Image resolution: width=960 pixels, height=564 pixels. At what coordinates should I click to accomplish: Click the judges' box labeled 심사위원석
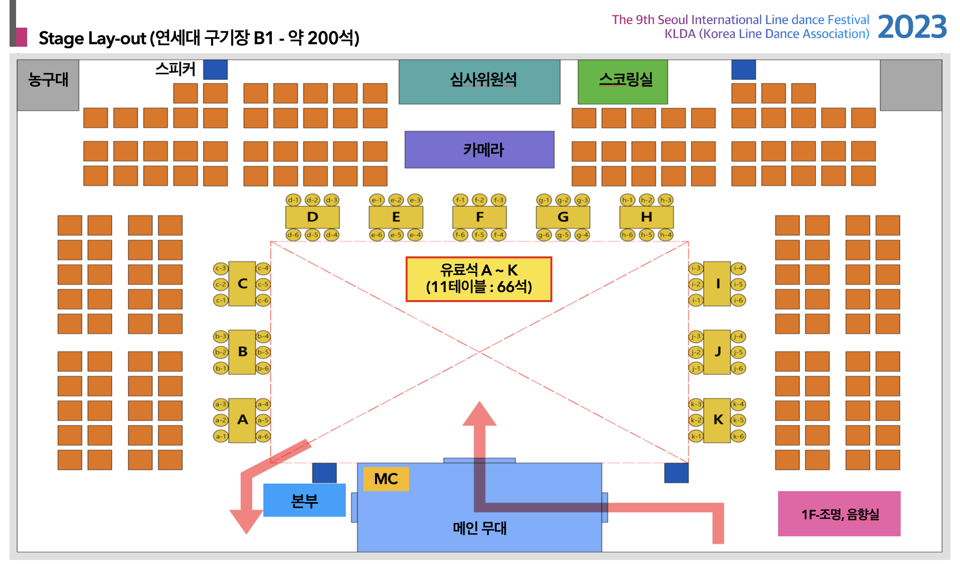click(479, 81)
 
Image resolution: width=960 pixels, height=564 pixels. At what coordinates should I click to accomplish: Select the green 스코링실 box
click(622, 81)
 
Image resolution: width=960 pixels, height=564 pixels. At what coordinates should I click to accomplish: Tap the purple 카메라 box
click(479, 149)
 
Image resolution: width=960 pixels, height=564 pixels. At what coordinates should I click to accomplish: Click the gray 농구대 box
click(48, 84)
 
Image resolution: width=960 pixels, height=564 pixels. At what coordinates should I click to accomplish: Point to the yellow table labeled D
click(312, 217)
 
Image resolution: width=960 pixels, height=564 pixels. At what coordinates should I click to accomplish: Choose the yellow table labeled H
click(646, 217)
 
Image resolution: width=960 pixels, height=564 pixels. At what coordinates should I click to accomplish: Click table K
click(717, 420)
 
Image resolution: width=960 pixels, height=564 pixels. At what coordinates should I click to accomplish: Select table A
click(242, 420)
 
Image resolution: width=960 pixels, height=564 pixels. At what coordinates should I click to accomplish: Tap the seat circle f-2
click(479, 200)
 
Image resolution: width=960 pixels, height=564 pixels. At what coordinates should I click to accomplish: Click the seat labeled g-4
click(582, 235)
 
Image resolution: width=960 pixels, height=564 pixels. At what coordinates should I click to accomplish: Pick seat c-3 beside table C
click(221, 268)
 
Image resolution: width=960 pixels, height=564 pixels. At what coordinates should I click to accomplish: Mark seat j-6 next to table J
click(738, 368)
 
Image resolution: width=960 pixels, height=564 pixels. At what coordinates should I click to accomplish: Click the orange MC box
click(386, 479)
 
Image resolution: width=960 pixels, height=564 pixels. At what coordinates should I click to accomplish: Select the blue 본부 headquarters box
click(304, 500)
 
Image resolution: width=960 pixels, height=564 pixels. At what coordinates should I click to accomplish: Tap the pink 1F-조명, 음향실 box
click(839, 514)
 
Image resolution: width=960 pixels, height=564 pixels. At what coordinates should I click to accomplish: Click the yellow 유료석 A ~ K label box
click(478, 279)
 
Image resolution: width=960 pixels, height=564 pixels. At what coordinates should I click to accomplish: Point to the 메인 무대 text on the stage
click(479, 528)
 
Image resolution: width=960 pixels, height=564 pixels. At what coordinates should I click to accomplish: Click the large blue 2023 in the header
click(912, 27)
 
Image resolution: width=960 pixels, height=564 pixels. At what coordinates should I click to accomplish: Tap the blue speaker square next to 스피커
click(215, 69)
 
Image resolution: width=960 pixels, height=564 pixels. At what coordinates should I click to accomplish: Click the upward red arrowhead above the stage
click(479, 414)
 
